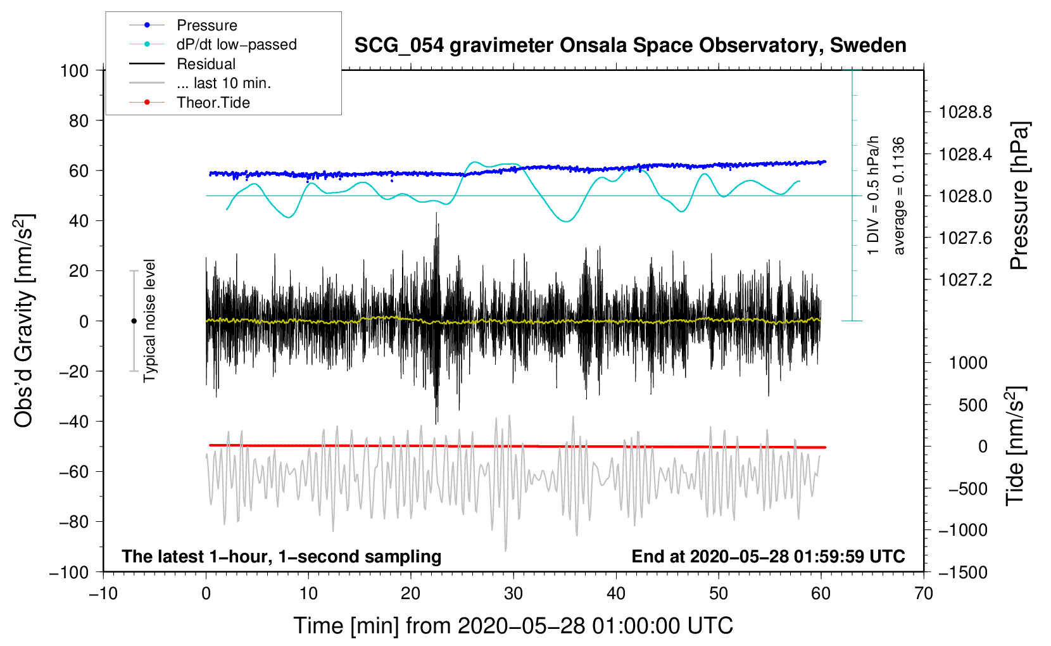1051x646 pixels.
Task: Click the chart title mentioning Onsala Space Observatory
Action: click(x=630, y=46)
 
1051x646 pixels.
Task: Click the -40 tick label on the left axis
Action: click(x=74, y=422)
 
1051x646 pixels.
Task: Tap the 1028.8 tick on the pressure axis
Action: click(x=966, y=112)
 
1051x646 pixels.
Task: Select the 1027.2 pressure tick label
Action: click(x=966, y=280)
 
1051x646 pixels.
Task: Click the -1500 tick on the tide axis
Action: click(x=963, y=573)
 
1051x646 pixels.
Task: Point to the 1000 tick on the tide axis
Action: click(x=969, y=363)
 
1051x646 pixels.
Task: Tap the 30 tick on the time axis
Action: click(x=513, y=593)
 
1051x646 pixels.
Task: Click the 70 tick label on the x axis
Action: click(x=923, y=593)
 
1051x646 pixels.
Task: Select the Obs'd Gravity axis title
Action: click(x=23, y=320)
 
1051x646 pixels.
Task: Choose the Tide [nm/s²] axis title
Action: click(x=1016, y=446)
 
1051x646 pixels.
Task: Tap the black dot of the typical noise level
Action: click(x=134, y=321)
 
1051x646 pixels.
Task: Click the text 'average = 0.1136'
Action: click(x=898, y=196)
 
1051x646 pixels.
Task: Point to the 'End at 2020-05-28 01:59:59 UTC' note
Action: click(x=768, y=556)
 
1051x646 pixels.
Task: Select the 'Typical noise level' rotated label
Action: click(x=149, y=320)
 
